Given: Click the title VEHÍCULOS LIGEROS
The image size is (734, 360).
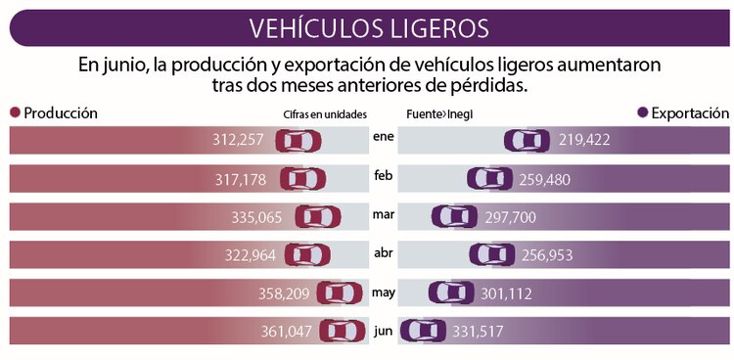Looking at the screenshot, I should [x=367, y=25].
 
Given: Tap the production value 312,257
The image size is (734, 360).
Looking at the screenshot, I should [x=238, y=141].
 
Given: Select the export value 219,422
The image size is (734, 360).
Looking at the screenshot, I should [x=585, y=141].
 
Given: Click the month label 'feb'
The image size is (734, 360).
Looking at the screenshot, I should [x=383, y=175].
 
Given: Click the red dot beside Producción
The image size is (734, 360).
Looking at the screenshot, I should [x=15, y=113].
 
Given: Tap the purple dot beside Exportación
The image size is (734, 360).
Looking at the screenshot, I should [x=642, y=113].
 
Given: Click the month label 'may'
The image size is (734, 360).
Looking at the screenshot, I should [x=383, y=291].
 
